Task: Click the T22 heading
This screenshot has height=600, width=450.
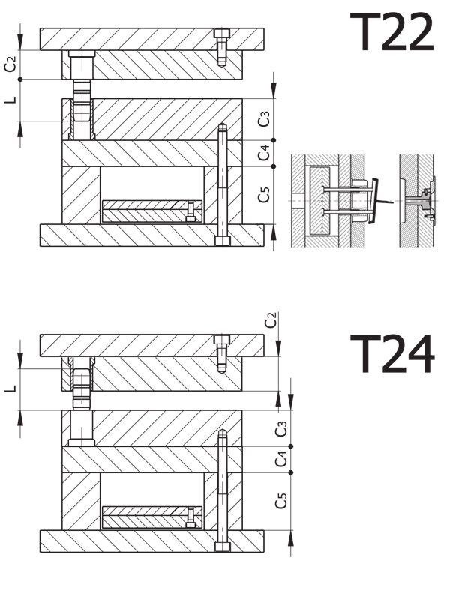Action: click(391, 31)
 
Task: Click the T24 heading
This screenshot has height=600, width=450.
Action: click(392, 353)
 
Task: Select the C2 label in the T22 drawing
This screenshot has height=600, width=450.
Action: click(10, 64)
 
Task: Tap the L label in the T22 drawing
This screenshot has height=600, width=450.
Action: click(10, 100)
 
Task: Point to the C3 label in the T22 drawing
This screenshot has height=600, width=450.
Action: click(264, 119)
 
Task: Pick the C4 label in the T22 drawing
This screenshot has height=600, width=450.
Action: click(264, 153)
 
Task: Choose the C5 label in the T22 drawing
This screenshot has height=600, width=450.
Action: click(264, 195)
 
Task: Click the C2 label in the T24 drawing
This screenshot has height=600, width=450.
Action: click(271, 320)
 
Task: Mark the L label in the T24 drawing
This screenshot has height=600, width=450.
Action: click(10, 388)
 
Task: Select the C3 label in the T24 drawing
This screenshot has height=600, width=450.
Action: click(281, 428)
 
